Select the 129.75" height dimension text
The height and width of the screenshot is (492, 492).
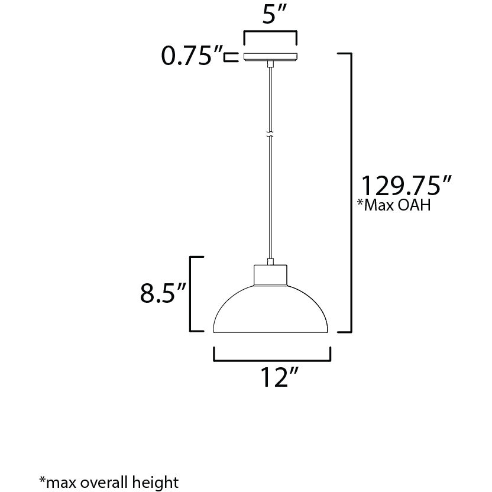click(x=407, y=186)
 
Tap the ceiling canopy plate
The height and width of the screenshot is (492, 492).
click(x=270, y=56)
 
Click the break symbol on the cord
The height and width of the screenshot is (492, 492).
click(x=270, y=134)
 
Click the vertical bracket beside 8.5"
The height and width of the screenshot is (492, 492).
click(x=191, y=293)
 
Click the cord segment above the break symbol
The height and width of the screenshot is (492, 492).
click(x=270, y=98)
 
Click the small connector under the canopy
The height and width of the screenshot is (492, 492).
click(x=270, y=63)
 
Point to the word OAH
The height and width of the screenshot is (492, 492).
click(x=415, y=206)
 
